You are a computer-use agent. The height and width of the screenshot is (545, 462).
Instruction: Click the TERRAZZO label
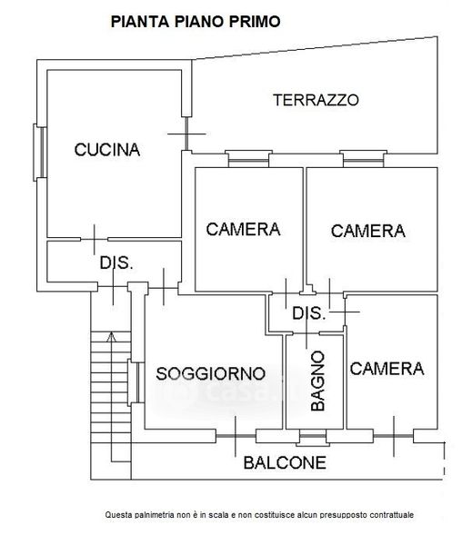pos(316,100)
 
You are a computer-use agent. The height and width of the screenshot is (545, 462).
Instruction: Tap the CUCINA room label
pos(107,150)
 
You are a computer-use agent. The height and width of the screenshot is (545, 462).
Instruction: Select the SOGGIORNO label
pos(210,373)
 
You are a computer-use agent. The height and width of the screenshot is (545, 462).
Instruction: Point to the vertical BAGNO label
pos(317,381)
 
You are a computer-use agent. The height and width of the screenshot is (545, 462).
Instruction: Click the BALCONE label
pos(285,462)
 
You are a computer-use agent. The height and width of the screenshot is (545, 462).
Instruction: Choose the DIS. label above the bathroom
pos(309,313)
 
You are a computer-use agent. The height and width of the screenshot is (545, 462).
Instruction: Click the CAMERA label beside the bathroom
pos(387,369)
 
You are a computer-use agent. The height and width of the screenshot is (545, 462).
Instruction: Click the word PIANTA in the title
pos(140,22)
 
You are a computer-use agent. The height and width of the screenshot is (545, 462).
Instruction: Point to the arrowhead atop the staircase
pos(111,336)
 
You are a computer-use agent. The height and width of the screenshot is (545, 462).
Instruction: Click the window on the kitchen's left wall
pos(40,153)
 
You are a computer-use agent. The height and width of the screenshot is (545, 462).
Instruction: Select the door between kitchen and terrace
pos(186,134)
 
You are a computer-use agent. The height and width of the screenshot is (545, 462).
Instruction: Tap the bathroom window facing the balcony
pos(313,438)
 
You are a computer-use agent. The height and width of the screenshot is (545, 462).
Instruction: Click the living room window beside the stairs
pos(136,382)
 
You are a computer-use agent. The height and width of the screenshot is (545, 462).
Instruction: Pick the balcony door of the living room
pos(236,436)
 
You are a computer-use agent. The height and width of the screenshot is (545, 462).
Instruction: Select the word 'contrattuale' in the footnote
pos(392,515)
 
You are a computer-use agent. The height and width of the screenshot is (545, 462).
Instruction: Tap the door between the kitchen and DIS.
pos(95,239)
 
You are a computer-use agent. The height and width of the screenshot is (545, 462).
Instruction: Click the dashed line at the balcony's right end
pos(444,459)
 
